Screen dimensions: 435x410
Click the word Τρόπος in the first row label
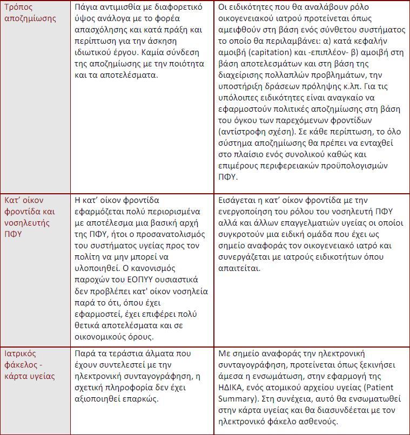click(19, 7)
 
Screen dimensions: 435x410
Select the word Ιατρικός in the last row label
click(21, 354)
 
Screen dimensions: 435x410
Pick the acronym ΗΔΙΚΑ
click(232, 388)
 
